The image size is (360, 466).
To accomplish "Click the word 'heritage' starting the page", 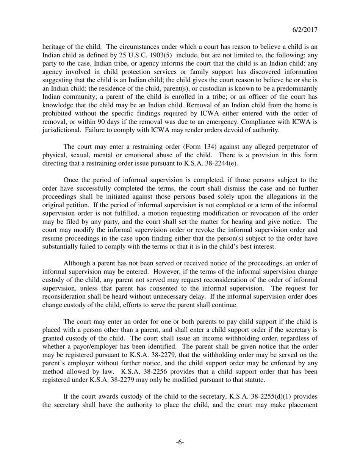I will coord(53,47).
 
